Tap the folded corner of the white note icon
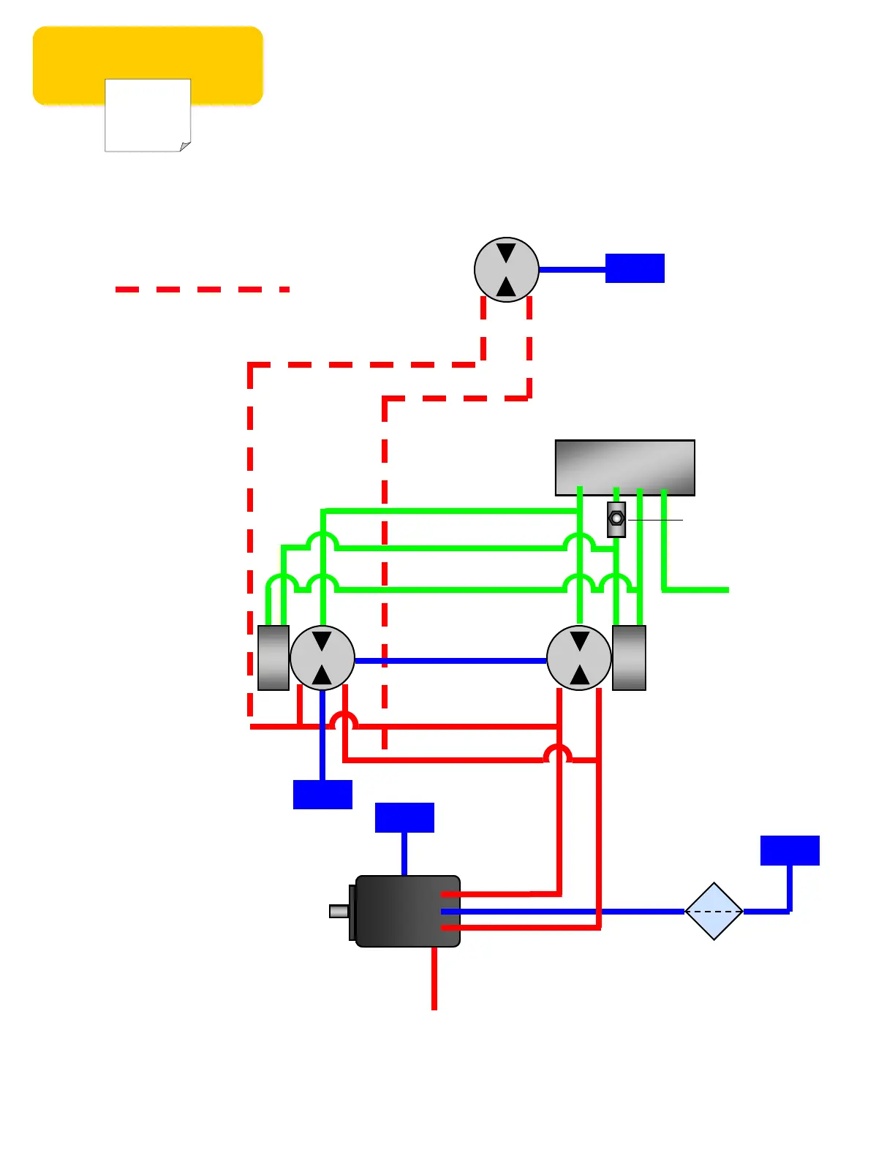[185, 146]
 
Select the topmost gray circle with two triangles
[506, 270]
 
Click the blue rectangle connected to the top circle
[635, 268]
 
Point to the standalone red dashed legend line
[202, 289]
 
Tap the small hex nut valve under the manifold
[616, 519]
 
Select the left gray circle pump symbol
[322, 658]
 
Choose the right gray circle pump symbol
[579, 658]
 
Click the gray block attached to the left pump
[273, 658]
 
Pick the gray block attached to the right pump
[629, 658]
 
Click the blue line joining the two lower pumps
[450, 661]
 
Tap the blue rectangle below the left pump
[322, 795]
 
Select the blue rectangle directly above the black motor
[404, 817]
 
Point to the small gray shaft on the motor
[339, 911]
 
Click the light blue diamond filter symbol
[714, 912]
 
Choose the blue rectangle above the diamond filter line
[790, 850]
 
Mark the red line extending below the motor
[434, 980]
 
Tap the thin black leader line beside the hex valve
[655, 520]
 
